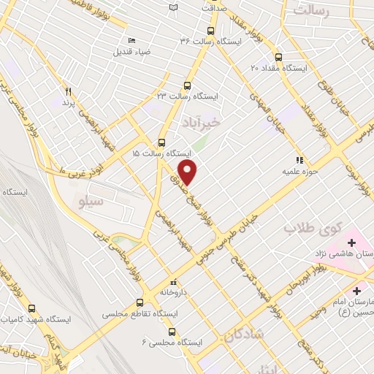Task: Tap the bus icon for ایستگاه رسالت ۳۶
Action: point(210,31)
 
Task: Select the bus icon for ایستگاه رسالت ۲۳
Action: point(187,85)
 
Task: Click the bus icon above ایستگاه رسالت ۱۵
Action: point(161,142)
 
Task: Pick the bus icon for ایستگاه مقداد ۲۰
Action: point(278,57)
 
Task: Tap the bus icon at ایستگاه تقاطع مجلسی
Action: point(140,302)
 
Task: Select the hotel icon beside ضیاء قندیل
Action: point(131,41)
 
